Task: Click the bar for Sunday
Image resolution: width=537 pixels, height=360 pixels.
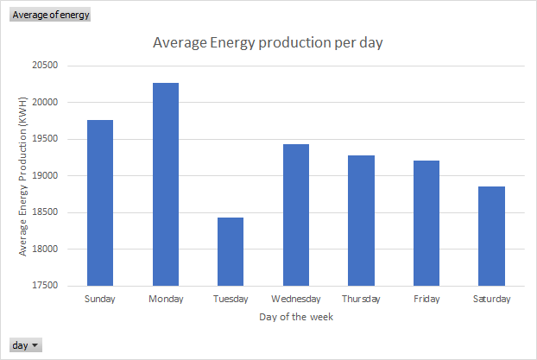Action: pos(100,203)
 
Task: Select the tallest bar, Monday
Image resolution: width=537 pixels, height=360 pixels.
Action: pos(166,184)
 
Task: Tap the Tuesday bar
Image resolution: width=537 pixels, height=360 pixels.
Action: pos(231,251)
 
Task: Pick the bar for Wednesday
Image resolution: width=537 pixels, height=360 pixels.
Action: pos(296,215)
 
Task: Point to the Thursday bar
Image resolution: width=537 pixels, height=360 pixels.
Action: pos(362,221)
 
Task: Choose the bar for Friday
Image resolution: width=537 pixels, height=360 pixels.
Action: pos(426,223)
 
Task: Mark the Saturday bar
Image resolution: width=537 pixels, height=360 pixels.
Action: pos(491,236)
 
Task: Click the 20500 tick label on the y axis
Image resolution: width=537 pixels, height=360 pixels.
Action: pos(45,65)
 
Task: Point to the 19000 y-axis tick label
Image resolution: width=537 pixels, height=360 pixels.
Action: pos(45,175)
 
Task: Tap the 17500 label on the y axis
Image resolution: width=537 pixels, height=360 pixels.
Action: pos(45,286)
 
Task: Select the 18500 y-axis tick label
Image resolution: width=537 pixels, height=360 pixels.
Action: pos(45,212)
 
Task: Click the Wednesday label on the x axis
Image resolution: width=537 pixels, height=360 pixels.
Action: pos(296,299)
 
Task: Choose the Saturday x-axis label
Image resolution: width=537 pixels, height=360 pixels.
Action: pos(492,299)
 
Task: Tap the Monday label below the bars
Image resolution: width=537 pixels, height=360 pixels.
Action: pos(166,299)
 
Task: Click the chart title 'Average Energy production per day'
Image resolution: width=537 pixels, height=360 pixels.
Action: pos(268,43)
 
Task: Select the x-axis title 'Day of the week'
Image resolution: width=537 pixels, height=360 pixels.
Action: pos(296,317)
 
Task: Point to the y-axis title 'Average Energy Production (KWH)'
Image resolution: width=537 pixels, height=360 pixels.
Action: pos(22,176)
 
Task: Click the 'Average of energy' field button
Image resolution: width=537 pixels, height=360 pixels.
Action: pos(50,15)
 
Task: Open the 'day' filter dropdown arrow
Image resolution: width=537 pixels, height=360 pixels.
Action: pos(35,345)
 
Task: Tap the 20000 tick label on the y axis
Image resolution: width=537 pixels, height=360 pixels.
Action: pos(45,102)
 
